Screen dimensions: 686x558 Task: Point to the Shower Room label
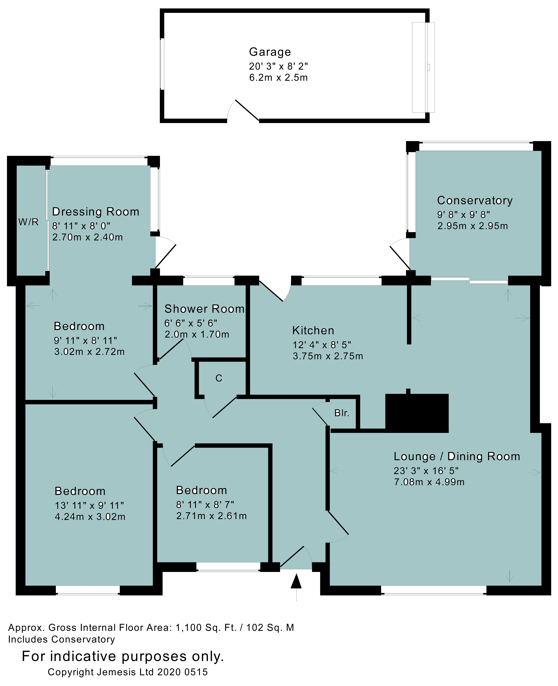pyautogui.click(x=204, y=309)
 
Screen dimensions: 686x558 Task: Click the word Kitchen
pyautogui.click(x=313, y=330)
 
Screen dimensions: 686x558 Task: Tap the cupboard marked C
pyautogui.click(x=219, y=378)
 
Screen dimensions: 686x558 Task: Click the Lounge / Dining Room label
pyautogui.click(x=457, y=456)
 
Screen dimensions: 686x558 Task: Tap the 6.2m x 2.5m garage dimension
pyautogui.click(x=278, y=77)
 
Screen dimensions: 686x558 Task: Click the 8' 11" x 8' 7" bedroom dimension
pyautogui.click(x=205, y=505)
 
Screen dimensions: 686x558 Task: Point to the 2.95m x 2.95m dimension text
pyautogui.click(x=472, y=226)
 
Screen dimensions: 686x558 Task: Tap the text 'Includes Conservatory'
pyautogui.click(x=61, y=639)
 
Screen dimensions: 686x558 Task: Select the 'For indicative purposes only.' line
pyautogui.click(x=123, y=656)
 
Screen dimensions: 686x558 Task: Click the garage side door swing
pyautogui.click(x=243, y=111)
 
